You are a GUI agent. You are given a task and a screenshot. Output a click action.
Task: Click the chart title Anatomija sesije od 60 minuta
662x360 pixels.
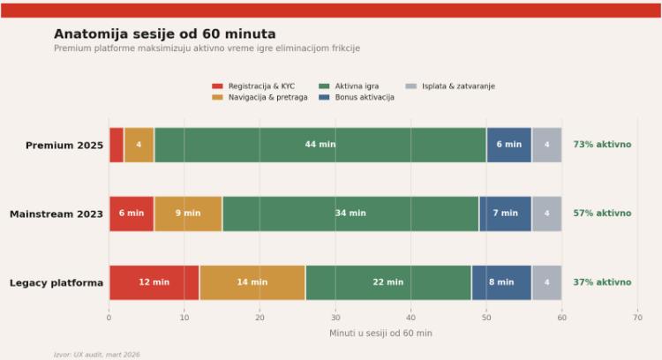[x=164, y=34]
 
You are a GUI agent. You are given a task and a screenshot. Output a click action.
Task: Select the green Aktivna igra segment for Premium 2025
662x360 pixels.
[x=320, y=145]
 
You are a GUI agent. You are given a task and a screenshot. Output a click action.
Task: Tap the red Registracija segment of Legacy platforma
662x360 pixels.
[x=154, y=282]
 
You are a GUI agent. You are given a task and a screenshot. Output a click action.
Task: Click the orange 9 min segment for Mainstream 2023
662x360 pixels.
[x=188, y=214]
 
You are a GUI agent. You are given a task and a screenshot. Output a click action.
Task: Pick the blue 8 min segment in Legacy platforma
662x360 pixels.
[x=501, y=282]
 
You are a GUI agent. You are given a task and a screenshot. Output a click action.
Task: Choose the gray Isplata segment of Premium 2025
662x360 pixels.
[x=546, y=145]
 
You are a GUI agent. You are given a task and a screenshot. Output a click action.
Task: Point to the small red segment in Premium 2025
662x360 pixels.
[x=117, y=145]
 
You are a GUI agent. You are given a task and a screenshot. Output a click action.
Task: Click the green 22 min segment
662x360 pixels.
[x=388, y=282]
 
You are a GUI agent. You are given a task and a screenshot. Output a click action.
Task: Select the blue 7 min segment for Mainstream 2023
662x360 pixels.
[x=505, y=214]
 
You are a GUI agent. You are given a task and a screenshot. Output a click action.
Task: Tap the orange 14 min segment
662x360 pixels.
[x=252, y=282]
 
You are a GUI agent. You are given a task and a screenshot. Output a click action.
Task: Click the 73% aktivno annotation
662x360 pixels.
[x=602, y=145]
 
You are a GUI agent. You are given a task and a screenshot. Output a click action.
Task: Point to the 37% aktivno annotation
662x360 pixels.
[x=602, y=282]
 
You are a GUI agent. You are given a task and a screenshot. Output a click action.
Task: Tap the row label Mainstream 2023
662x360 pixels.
[x=56, y=214]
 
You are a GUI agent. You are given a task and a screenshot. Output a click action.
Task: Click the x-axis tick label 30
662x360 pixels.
[x=335, y=318]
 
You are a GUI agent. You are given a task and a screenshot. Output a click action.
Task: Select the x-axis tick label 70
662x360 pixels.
[x=637, y=318]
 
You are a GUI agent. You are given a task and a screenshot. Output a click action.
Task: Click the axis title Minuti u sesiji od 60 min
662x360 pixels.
[x=380, y=334]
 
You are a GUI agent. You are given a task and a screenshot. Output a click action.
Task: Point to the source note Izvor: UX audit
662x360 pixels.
[x=96, y=355]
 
